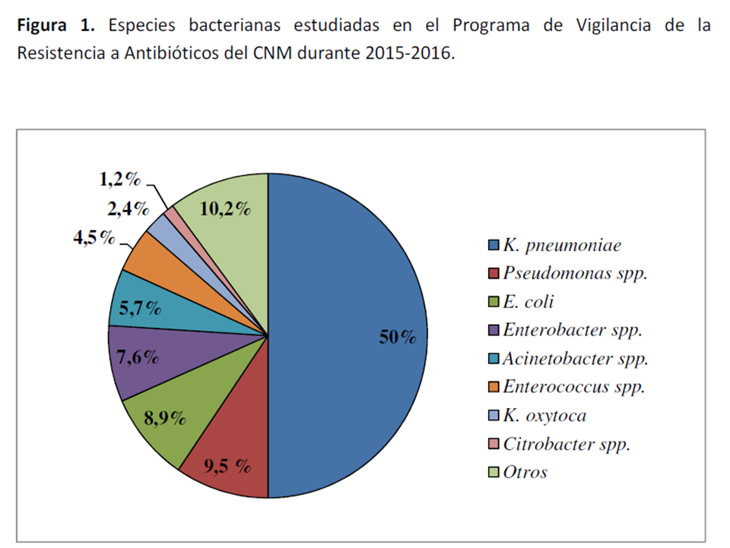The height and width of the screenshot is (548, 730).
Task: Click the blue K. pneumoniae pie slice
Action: [350, 304]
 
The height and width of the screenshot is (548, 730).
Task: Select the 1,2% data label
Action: [120, 180]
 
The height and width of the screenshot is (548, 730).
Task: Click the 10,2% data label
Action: [224, 209]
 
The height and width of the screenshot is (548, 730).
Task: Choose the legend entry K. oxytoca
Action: [544, 416]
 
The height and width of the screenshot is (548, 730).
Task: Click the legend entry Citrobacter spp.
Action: [567, 444]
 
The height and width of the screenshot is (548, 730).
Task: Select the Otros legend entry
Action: [525, 472]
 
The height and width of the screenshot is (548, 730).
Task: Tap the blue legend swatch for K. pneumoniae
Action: [494, 245]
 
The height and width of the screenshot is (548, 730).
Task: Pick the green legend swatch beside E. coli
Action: [494, 302]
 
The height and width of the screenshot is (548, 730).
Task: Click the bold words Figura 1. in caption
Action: [56, 25]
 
